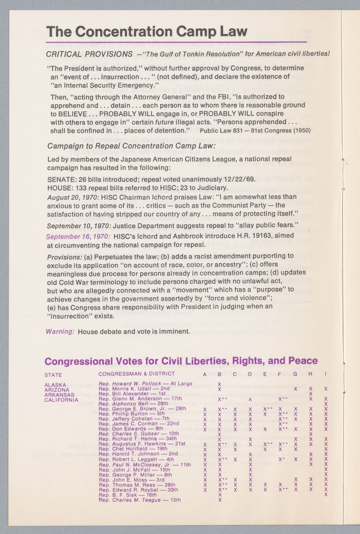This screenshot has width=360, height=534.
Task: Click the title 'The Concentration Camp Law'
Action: tap(147, 32)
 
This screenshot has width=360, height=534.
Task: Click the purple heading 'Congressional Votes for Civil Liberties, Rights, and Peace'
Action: tap(181, 361)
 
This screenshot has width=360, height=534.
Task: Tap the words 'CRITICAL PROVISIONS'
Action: tap(89, 54)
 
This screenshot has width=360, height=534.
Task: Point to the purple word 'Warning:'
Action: tap(60, 331)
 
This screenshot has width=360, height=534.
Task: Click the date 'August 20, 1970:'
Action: tap(73, 197)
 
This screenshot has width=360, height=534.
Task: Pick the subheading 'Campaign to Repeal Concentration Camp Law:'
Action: tap(131, 146)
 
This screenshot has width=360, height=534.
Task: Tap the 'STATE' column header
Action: tap(53, 375)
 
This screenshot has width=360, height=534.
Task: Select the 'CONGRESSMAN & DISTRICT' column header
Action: tap(136, 374)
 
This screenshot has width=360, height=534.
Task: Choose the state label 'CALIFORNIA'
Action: tap(61, 400)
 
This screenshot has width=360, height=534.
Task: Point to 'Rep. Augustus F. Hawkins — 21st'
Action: tap(142, 444)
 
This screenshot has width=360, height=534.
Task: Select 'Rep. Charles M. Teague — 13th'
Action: tap(139, 500)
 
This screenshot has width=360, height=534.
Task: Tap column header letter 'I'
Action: tap(325, 374)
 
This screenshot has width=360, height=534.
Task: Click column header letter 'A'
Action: tap(204, 374)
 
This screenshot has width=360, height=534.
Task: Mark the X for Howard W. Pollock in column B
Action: tap(219, 384)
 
